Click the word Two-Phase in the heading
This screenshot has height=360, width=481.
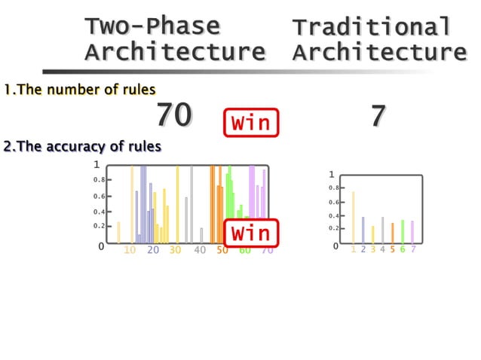coord(152,26)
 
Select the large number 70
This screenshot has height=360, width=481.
coord(174,116)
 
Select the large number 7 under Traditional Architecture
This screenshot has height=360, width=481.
coord(378,116)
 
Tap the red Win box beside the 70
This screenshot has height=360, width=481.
coord(251,122)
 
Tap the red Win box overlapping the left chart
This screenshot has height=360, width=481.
coord(251,233)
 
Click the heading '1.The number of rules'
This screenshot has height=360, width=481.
coord(78,90)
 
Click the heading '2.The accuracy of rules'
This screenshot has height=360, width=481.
coord(81,146)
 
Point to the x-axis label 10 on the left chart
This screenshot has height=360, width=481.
coord(130,250)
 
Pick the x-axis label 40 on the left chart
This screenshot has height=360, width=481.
coord(200,250)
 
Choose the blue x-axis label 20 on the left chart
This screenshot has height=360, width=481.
coord(153,250)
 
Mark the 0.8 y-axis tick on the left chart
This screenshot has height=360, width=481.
coord(100,180)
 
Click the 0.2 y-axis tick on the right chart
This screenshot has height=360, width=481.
coord(334,228)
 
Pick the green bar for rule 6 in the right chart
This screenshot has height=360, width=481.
coord(403,231)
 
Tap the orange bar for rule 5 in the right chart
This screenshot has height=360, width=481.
coord(392,233)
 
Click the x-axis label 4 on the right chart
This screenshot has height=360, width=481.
coord(382,249)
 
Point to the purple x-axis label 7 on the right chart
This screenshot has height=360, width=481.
coord(412,249)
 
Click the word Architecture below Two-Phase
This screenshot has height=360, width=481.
coord(175,52)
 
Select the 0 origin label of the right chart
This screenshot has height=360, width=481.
coord(336,246)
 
